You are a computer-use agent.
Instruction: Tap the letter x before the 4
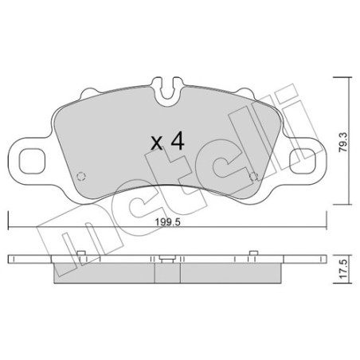pyautogui.click(x=156, y=144)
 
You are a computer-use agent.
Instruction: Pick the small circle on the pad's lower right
pyautogui.click(x=253, y=177)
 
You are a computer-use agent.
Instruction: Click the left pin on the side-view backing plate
pyautogui.click(x=82, y=255)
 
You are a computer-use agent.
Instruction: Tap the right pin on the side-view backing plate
pyautogui.click(x=251, y=255)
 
